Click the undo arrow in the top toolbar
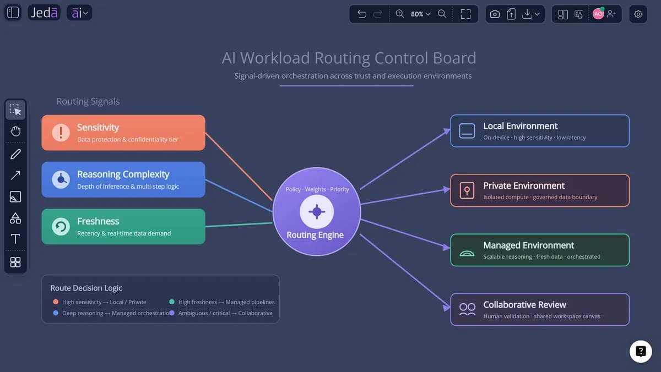[x=361, y=14]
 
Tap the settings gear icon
[x=638, y=14]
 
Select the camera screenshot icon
[x=495, y=14]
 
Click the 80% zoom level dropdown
[x=420, y=14]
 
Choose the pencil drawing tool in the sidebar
[x=15, y=154]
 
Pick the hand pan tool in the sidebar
[x=15, y=131]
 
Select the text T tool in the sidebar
[x=15, y=239]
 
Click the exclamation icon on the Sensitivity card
[x=61, y=133]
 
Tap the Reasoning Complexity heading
[x=123, y=174]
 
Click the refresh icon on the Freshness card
[x=61, y=226]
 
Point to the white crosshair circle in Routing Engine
[x=317, y=212]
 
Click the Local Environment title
[x=520, y=126]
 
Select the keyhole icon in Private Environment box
[x=467, y=190]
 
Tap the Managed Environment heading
[x=528, y=245]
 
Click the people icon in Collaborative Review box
[x=467, y=309]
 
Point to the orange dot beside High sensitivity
[x=56, y=302]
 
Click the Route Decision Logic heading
[x=86, y=288]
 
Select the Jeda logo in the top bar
[x=44, y=13]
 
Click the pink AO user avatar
[x=598, y=14]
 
